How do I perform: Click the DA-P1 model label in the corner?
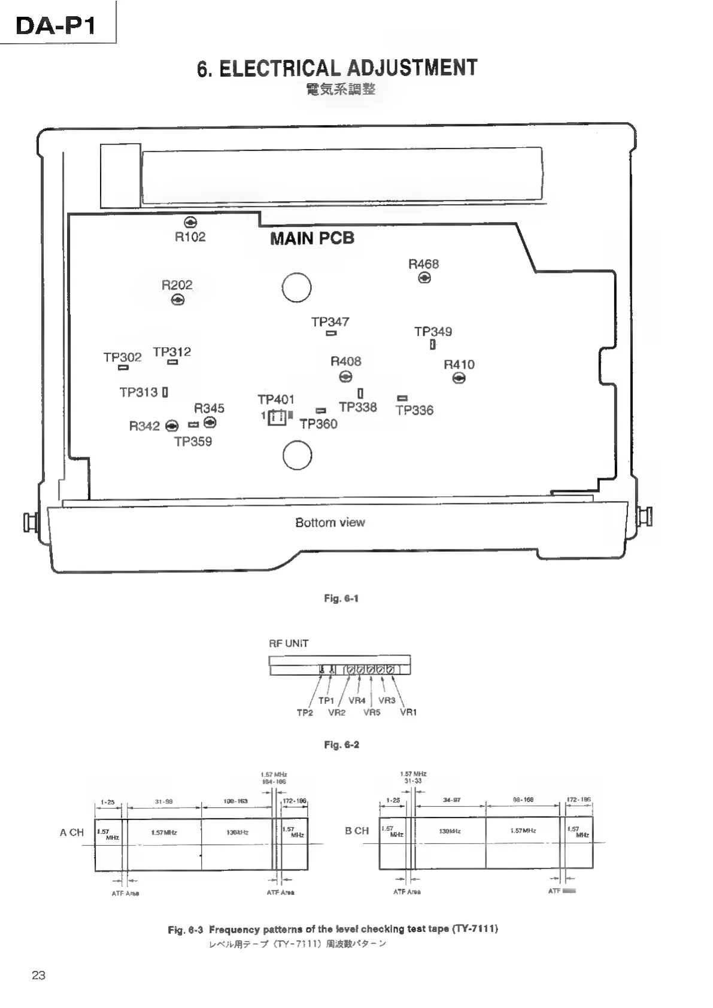(x=55, y=26)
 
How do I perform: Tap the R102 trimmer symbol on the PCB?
(x=190, y=222)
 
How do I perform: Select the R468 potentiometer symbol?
(x=424, y=278)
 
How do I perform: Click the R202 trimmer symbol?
(x=178, y=300)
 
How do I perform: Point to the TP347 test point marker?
(x=331, y=333)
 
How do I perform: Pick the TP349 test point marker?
(x=432, y=345)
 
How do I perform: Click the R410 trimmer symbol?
(x=459, y=378)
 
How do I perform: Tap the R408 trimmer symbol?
(x=345, y=377)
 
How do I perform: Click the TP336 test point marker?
(x=402, y=398)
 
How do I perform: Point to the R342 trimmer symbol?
(x=172, y=426)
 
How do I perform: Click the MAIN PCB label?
(x=312, y=238)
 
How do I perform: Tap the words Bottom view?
(x=330, y=523)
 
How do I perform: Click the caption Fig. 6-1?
(x=341, y=599)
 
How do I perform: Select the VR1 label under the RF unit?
(x=408, y=712)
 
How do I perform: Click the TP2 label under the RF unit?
(x=305, y=713)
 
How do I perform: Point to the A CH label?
(x=72, y=833)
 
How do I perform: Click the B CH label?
(x=357, y=831)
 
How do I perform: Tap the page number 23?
(x=38, y=975)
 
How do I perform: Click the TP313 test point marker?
(x=165, y=393)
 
